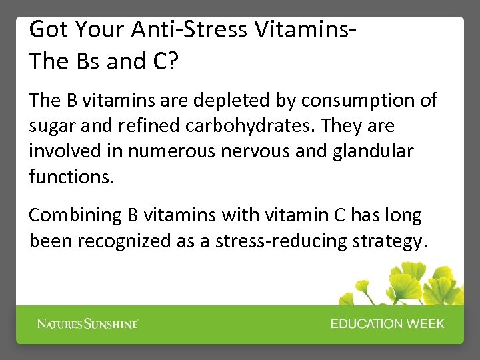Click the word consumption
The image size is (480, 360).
[369, 101]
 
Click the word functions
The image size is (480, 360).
[71, 177]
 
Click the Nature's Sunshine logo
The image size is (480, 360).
[87, 324]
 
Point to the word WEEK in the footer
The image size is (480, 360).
[425, 324]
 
